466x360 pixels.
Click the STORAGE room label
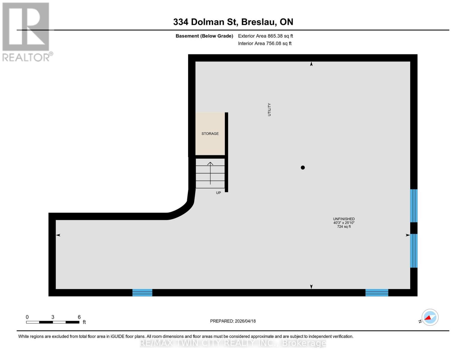tap(210, 133)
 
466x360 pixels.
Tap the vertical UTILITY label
tap(269, 109)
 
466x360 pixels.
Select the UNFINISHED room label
tap(344, 219)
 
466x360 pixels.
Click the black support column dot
tap(303, 167)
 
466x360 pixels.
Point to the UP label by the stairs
tap(218, 193)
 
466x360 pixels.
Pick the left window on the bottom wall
tap(142, 292)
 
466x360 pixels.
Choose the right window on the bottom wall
tap(377, 292)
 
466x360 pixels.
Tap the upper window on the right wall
tap(414, 205)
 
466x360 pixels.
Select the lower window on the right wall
tap(414, 250)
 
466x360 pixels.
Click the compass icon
tap(430, 317)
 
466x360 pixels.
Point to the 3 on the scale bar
tap(53, 317)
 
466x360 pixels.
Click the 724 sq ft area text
tap(344, 227)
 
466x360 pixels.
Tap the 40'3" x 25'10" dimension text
tap(344, 223)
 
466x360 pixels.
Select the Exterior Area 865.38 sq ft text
tap(265, 36)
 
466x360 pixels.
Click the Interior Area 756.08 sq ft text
tap(265, 43)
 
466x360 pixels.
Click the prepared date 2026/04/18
tap(245, 321)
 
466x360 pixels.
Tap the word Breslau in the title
tap(258, 22)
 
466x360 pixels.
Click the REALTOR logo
tap(26, 32)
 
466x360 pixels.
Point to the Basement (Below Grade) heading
tap(204, 36)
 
